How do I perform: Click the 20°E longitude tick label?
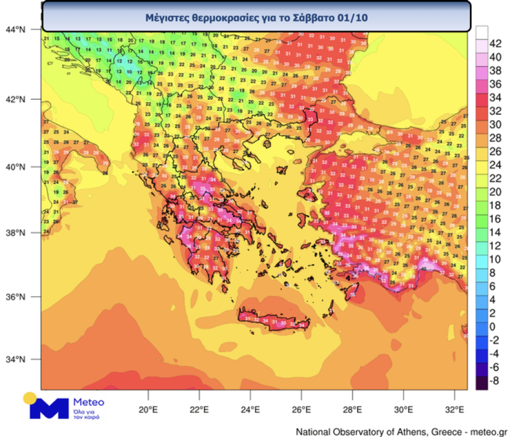(x=148, y=409)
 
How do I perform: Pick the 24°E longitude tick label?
(x=250, y=409)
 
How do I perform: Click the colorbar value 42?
(x=496, y=44)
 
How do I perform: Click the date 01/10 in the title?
(x=355, y=18)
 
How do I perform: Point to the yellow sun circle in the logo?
(x=30, y=399)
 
